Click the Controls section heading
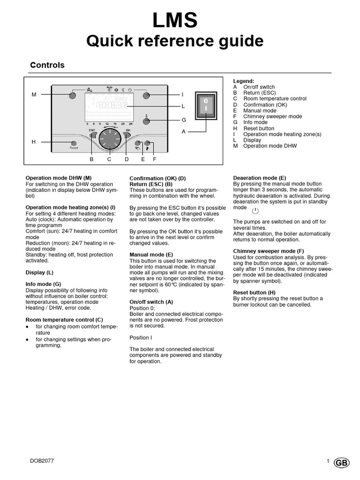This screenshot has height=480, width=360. tap(47, 65)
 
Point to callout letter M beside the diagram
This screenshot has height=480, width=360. tap(34, 95)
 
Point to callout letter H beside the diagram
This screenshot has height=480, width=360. tap(34, 142)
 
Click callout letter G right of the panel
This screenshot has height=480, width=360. tap(184, 120)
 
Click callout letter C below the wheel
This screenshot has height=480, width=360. tap(109, 159)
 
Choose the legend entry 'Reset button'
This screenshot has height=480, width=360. tap(259, 128)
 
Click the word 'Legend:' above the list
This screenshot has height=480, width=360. tap(243, 81)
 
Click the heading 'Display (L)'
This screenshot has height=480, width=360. tap(39, 272)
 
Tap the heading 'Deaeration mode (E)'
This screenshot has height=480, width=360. tap(260, 178)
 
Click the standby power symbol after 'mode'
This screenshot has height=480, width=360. tap(255, 211)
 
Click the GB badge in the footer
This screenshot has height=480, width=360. tap(342, 462)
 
